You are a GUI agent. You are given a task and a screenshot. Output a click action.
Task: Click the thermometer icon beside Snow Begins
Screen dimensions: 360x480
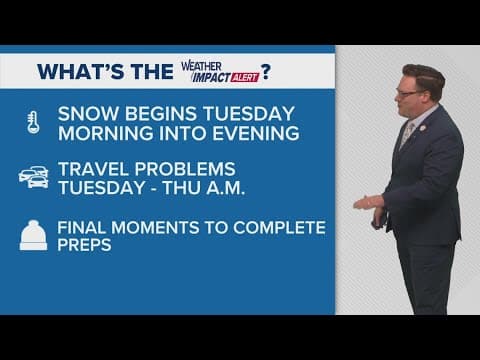point(32,123)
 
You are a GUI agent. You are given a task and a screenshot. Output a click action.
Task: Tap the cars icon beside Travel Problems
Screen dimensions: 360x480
point(32,177)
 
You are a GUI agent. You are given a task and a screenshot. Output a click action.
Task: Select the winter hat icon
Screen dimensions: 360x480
point(32,236)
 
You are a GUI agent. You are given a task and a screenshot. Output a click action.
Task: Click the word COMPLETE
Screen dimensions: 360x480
point(282,227)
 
